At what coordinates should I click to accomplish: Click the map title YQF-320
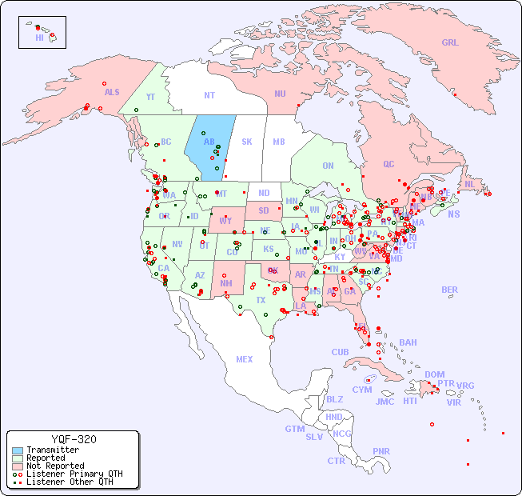tap(74, 439)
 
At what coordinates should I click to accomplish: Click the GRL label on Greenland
tap(450, 43)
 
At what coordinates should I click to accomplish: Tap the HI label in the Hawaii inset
tap(39, 38)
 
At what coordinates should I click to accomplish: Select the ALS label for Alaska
tap(112, 92)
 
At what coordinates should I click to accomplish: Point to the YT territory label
tap(150, 97)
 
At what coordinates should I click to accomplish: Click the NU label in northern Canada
tap(280, 94)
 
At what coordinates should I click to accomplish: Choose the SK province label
tap(247, 142)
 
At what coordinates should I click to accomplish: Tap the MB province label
tap(279, 142)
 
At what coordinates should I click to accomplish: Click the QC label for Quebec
tap(389, 164)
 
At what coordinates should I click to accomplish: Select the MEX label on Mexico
tap(245, 359)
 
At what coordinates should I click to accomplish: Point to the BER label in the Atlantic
tap(450, 290)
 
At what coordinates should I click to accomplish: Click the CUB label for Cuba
tap(340, 352)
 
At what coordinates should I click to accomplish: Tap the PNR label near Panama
tap(381, 451)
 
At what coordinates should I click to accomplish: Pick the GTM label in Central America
tap(294, 429)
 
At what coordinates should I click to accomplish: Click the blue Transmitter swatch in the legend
tap(18, 450)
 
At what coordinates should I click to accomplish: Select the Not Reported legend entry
tap(55, 466)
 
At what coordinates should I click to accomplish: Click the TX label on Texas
tap(261, 300)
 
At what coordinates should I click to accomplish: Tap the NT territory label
tap(209, 95)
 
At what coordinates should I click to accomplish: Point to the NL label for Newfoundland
tap(470, 183)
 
